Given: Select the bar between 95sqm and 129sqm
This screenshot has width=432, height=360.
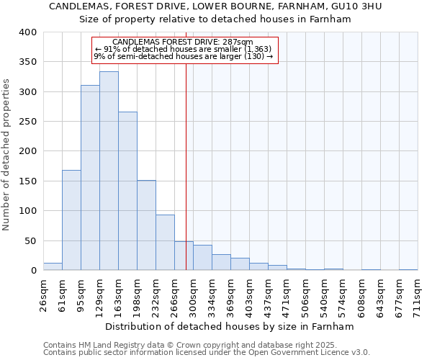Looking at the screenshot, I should coord(90,178).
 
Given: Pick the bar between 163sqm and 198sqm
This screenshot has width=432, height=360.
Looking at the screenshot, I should coord(127,191).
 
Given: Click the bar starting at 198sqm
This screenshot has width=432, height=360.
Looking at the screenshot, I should coord(146,225).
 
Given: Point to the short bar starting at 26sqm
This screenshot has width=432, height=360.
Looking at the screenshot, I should coord(53,266).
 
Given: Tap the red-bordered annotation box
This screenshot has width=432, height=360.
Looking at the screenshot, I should coord(185,50).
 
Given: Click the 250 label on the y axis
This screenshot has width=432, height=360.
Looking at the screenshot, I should coord(27,122).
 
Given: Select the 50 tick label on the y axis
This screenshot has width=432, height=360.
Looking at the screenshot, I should coord(30,241).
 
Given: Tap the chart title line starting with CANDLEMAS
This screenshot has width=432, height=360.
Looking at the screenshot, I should coord(215,6).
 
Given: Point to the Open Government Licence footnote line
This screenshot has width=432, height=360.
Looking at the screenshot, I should coord(207,353).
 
